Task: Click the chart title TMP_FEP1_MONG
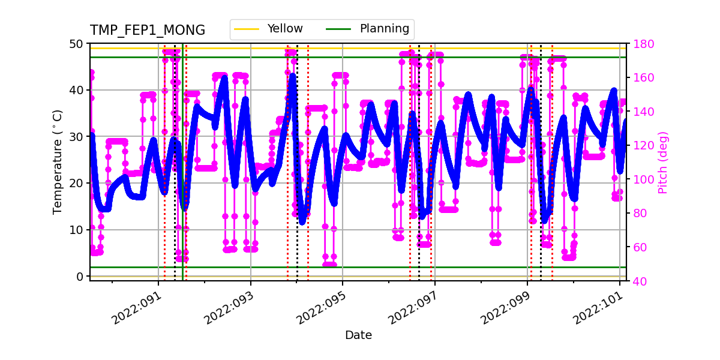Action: [x=147, y=31]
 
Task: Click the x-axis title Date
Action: [x=358, y=335]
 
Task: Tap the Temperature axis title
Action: [x=58, y=161]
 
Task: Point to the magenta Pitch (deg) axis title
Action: [x=662, y=162]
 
